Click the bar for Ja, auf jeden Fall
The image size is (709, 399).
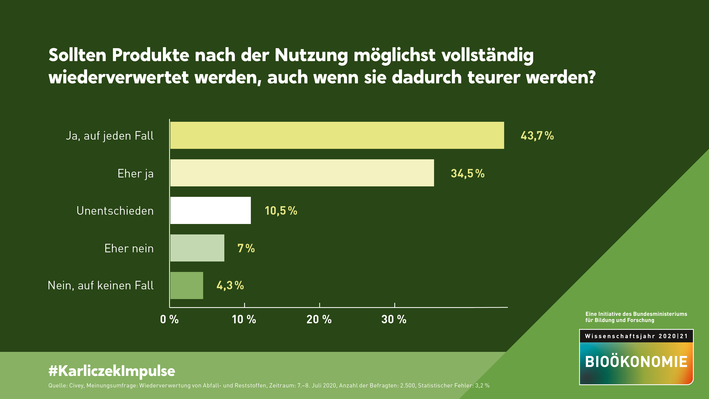pos(337,135)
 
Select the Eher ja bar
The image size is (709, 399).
pos(302,173)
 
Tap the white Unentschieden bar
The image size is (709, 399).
pos(211,210)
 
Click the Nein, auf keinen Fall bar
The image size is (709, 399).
pos(187,285)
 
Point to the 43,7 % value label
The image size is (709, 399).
pos(537,136)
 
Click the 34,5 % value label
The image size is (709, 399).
pos(467,173)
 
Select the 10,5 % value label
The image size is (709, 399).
pos(281,211)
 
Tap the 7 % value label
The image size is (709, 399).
pos(246,248)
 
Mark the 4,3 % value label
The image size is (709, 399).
pos(230,285)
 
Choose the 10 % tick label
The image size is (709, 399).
pos(244,319)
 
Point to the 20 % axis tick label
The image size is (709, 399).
pos(319,319)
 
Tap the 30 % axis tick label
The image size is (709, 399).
pos(394,319)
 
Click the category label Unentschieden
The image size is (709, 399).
pos(115,211)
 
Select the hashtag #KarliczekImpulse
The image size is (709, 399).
pos(112,371)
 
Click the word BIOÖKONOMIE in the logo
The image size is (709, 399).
pos(636,362)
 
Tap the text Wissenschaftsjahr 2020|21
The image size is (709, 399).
pos(636,336)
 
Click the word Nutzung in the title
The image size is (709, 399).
pos(311,55)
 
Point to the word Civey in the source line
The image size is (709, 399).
pos(76,385)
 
